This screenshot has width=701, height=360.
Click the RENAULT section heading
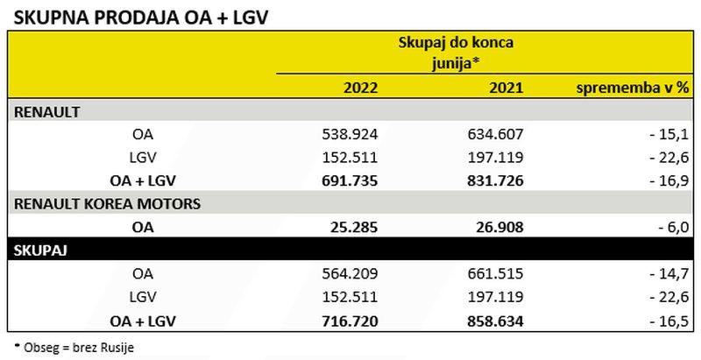(47, 111)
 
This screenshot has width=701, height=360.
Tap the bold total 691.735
(350, 181)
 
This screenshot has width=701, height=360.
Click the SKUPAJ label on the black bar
(41, 251)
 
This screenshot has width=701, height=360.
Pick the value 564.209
(351, 274)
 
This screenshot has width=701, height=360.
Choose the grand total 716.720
(350, 321)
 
